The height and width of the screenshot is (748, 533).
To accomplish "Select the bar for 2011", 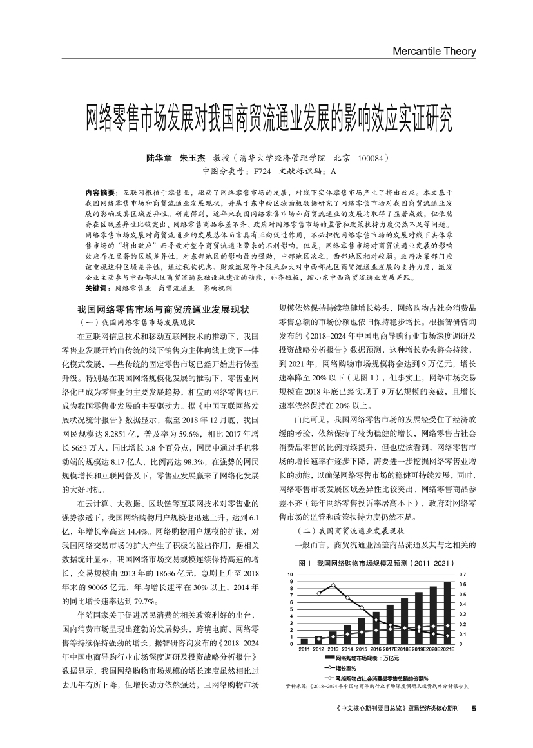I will [304, 641].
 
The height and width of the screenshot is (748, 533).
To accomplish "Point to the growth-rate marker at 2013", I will [333, 585].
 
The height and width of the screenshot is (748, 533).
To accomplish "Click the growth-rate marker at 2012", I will [319, 593].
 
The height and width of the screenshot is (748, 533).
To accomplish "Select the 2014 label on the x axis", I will [347, 649].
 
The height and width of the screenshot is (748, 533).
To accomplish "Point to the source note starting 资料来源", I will [377, 687].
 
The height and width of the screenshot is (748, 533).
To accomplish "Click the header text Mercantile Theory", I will [434, 52].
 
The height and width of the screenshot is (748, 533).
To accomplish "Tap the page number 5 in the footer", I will [474, 709].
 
